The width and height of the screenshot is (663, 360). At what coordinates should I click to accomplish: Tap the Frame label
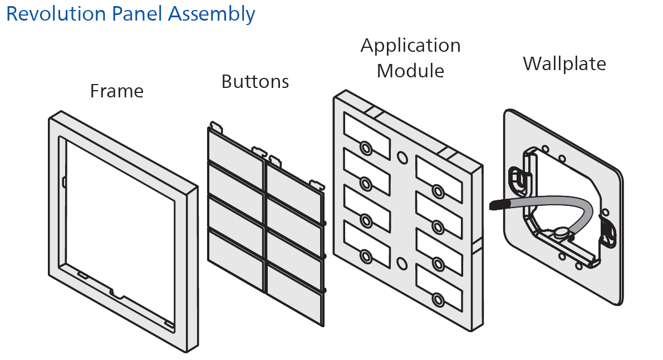coord(117,91)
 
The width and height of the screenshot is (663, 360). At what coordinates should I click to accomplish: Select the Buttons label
coord(255,82)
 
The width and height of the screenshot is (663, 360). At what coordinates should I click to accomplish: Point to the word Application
coord(410,46)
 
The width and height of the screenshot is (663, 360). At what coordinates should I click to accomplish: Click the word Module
coord(410,71)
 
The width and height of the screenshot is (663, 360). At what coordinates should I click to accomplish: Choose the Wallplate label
coord(564,63)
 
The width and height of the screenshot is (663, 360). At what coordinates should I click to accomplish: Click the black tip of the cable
coord(496,205)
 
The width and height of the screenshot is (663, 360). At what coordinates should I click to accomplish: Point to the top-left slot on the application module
coord(366,132)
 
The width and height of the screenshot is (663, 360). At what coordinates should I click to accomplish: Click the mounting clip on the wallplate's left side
coord(519,177)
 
